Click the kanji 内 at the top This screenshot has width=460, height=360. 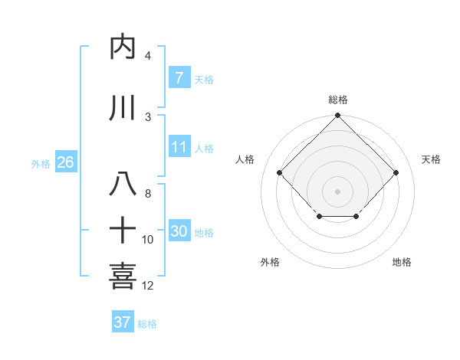coord(123,47)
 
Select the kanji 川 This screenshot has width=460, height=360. coord(123,108)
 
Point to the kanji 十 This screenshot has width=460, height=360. coord(123,229)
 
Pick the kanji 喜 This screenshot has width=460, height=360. coord(123,276)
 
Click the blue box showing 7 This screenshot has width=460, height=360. coord(179,78)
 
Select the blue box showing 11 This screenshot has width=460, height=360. coord(179,147)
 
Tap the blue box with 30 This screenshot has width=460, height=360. coord(179,231)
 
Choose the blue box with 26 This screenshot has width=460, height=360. coord(65,162)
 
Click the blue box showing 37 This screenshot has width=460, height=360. coord(122,322)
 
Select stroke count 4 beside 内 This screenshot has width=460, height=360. coord(147,56)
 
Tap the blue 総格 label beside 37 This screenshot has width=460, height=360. coord(147,324)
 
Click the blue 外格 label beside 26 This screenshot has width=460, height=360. coord(41,163)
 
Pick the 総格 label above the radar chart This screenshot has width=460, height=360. coord(337,100)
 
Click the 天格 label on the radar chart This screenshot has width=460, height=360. coord(432,159)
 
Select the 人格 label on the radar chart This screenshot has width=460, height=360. coord(245,159)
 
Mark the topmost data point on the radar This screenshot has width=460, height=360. coord(337,116)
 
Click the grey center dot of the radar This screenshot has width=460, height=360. coord(337,191)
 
